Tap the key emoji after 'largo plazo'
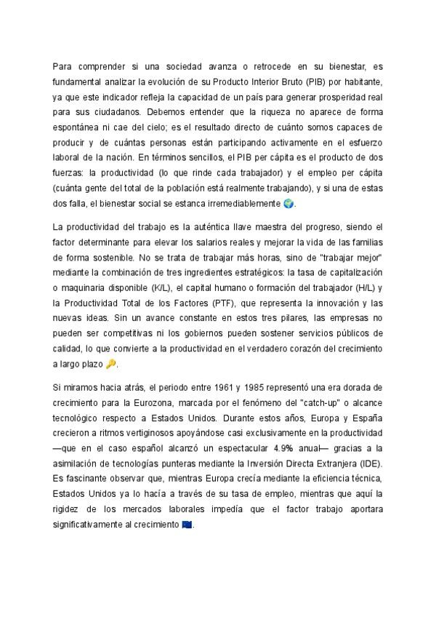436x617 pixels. point(111,364)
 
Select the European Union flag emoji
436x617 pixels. point(187,525)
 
